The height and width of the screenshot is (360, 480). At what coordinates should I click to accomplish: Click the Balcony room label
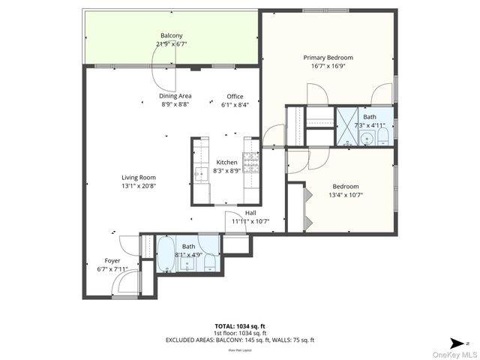click(171, 36)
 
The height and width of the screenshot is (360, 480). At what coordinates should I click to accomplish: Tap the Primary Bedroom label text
click(328, 58)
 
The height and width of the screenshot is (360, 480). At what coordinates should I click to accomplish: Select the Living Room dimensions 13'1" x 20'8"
click(139, 186)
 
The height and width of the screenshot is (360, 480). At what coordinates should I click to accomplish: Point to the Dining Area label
click(175, 96)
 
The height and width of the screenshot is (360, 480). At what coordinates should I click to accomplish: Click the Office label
click(235, 96)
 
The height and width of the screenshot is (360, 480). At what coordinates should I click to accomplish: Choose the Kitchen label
click(226, 163)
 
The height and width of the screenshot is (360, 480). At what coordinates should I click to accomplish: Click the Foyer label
click(112, 261)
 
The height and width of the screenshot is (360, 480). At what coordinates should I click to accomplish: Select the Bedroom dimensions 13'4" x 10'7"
click(346, 196)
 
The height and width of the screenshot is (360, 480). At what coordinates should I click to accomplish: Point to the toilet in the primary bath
click(382, 136)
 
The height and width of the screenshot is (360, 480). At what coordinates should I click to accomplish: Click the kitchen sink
click(200, 174)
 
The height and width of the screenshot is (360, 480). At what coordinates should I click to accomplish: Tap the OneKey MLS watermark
click(454, 354)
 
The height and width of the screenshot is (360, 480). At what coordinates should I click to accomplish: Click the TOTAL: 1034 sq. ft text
click(241, 326)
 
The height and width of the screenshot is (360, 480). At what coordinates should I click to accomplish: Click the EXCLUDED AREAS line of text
click(241, 340)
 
